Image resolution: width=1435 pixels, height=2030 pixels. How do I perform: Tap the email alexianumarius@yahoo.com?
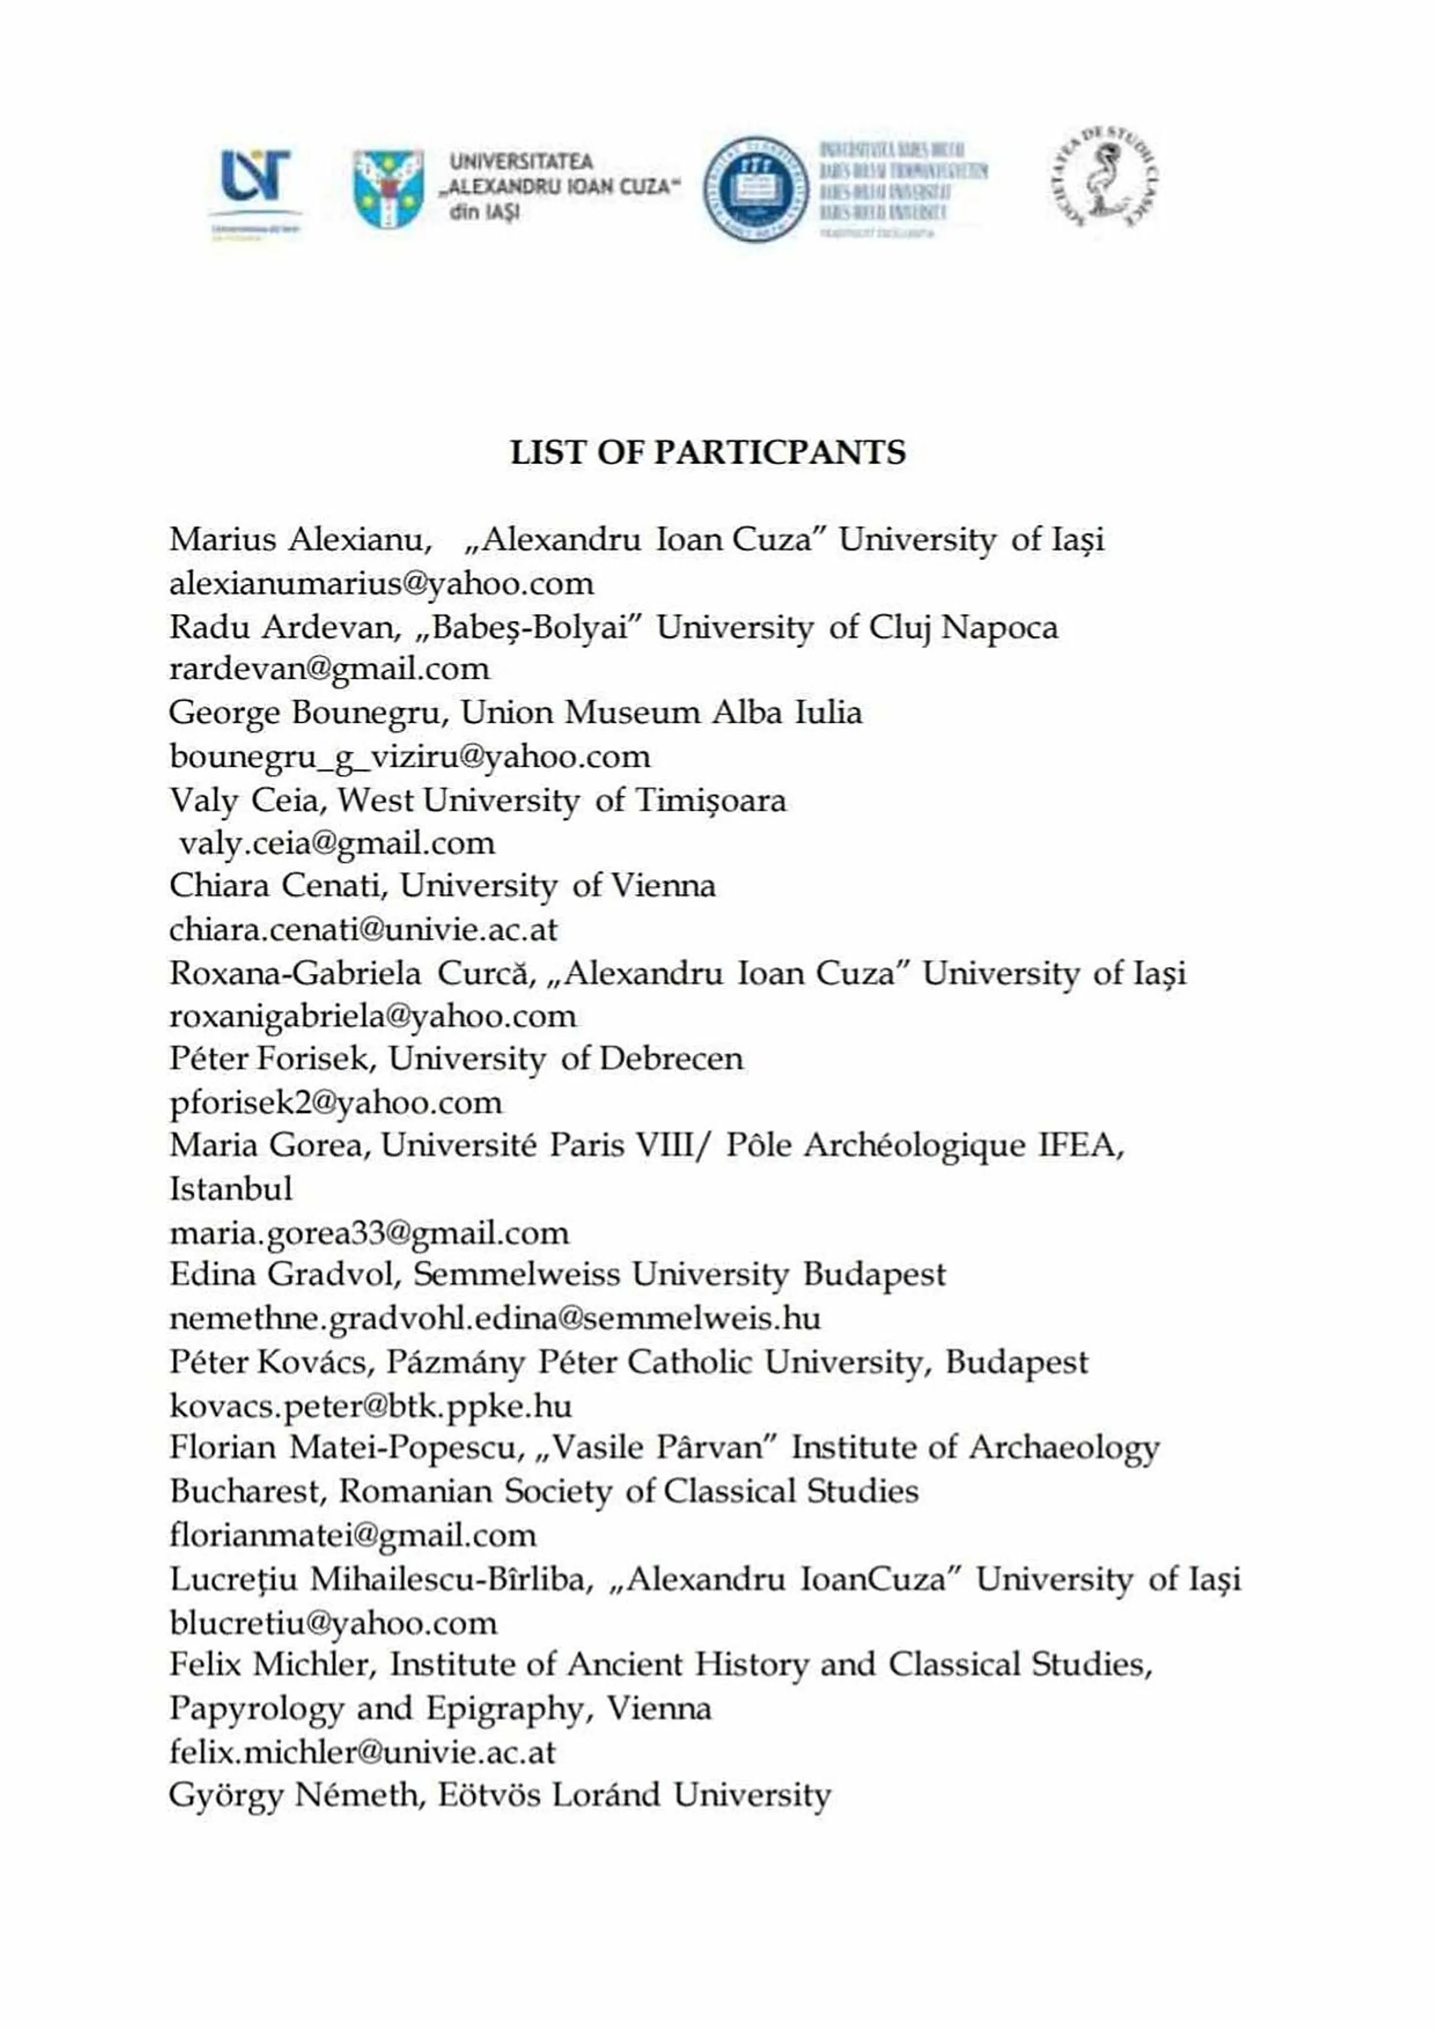(x=381, y=583)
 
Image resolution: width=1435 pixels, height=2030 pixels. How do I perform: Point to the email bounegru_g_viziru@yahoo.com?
(x=409, y=757)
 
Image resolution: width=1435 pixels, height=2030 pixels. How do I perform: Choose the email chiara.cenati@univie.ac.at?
(x=363, y=930)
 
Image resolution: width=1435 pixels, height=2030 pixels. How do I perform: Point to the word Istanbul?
(x=231, y=1189)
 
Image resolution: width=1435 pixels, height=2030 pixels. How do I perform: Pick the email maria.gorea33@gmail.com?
(x=369, y=1233)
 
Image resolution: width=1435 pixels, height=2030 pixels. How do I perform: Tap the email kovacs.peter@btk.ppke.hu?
(x=370, y=1406)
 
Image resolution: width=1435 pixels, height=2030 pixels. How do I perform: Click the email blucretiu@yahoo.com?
(x=333, y=1623)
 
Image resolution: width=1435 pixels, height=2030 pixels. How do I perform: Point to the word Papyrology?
(x=256, y=1709)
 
